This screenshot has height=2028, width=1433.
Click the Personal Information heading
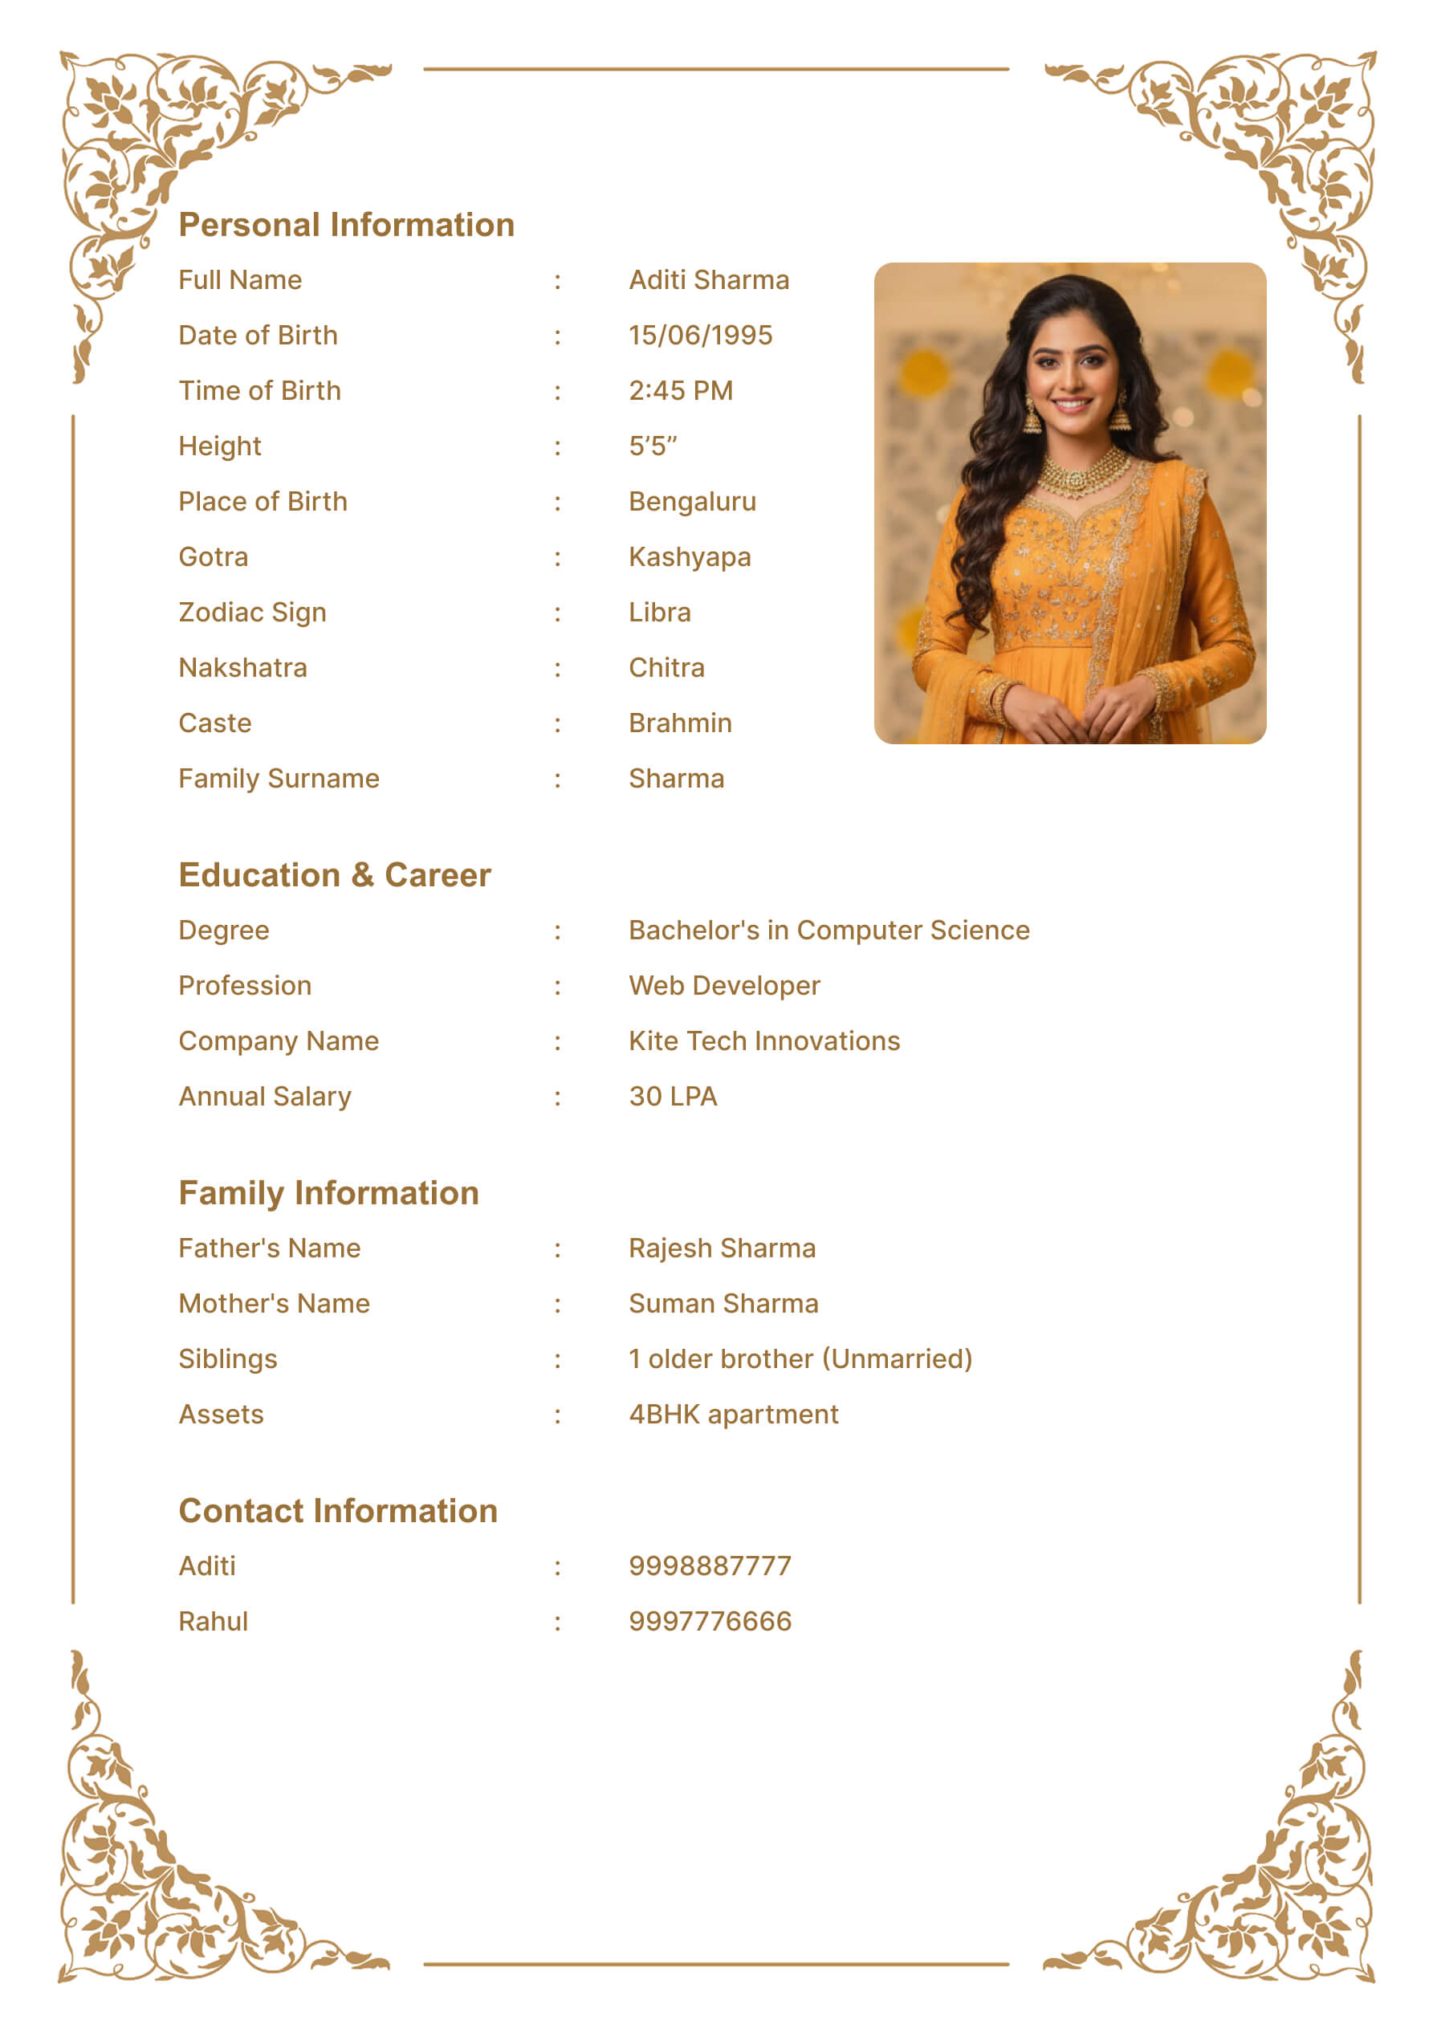[346, 226]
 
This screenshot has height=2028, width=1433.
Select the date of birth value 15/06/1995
[700, 336]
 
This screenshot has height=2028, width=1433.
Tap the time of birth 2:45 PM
[680, 390]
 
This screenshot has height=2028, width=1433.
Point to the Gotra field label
[213, 557]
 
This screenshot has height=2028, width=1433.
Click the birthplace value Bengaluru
[692, 502]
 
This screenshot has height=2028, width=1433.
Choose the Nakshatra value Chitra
[666, 668]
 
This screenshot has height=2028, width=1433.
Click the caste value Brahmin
[679, 723]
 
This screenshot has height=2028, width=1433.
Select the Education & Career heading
[334, 875]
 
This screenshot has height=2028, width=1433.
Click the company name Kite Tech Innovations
[763, 1041]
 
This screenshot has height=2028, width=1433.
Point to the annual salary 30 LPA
[672, 1096]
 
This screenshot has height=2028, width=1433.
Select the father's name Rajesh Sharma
[722, 1248]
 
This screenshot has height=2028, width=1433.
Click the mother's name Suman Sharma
[723, 1304]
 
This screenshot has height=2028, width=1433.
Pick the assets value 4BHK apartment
[733, 1414]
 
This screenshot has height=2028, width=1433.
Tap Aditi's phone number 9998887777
[710, 1566]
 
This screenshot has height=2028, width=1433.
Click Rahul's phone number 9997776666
[710, 1622]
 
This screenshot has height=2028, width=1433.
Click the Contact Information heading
[337, 1511]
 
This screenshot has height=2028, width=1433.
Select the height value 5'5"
[652, 446]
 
